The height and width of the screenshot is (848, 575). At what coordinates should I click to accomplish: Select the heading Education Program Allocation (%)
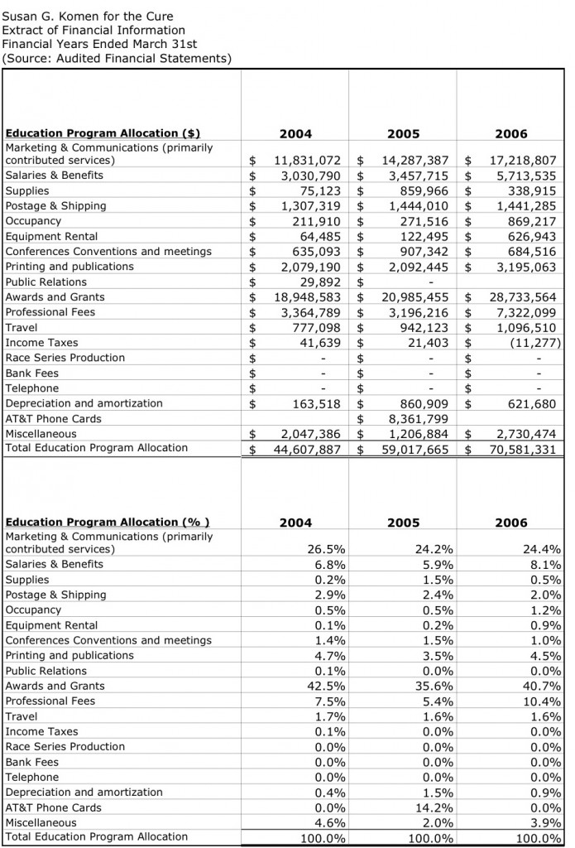(108, 523)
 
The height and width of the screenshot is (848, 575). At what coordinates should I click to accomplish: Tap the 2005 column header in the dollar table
(403, 134)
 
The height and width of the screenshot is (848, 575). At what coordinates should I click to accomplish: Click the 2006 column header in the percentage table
(511, 523)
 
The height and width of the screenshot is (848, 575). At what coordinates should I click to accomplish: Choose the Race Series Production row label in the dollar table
(65, 358)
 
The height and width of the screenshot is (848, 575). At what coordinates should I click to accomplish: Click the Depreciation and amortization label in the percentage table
(84, 793)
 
